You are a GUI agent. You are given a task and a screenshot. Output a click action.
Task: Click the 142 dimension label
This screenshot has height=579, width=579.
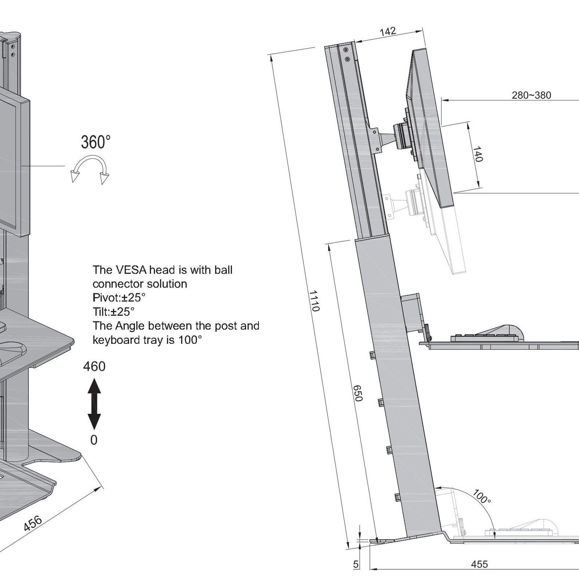coord(387,31)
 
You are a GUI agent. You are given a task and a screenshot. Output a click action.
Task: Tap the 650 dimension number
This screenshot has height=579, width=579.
coord(358,393)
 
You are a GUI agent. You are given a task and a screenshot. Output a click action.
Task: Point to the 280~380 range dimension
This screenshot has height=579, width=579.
coord(531,95)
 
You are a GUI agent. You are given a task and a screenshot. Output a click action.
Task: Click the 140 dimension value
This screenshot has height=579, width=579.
coord(477,154)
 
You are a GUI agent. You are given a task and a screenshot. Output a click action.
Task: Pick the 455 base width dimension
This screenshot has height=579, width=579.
coord(479,564)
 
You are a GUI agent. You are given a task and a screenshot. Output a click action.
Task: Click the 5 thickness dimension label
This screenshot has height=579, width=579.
coord(356,564)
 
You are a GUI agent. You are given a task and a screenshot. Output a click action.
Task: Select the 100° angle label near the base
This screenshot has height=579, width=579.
coord(481,497)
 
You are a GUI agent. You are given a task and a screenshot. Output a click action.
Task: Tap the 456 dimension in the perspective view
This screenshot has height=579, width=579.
coord(32,523)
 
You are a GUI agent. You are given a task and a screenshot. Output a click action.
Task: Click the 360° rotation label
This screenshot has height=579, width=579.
coord(95,142)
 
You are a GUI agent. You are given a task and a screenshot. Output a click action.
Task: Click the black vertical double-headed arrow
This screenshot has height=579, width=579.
coord(94,404)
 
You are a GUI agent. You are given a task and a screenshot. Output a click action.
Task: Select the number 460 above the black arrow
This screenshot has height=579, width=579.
coord(94,366)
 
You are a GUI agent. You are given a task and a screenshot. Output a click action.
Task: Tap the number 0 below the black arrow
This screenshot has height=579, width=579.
coord(94,440)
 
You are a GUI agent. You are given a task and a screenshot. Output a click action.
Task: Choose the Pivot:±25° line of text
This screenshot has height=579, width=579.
coord(119,298)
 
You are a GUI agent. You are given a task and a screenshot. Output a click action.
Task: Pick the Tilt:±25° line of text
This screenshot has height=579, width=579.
coord(113,312)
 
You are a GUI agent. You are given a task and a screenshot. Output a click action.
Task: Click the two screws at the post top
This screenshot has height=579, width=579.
coord(346,54)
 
